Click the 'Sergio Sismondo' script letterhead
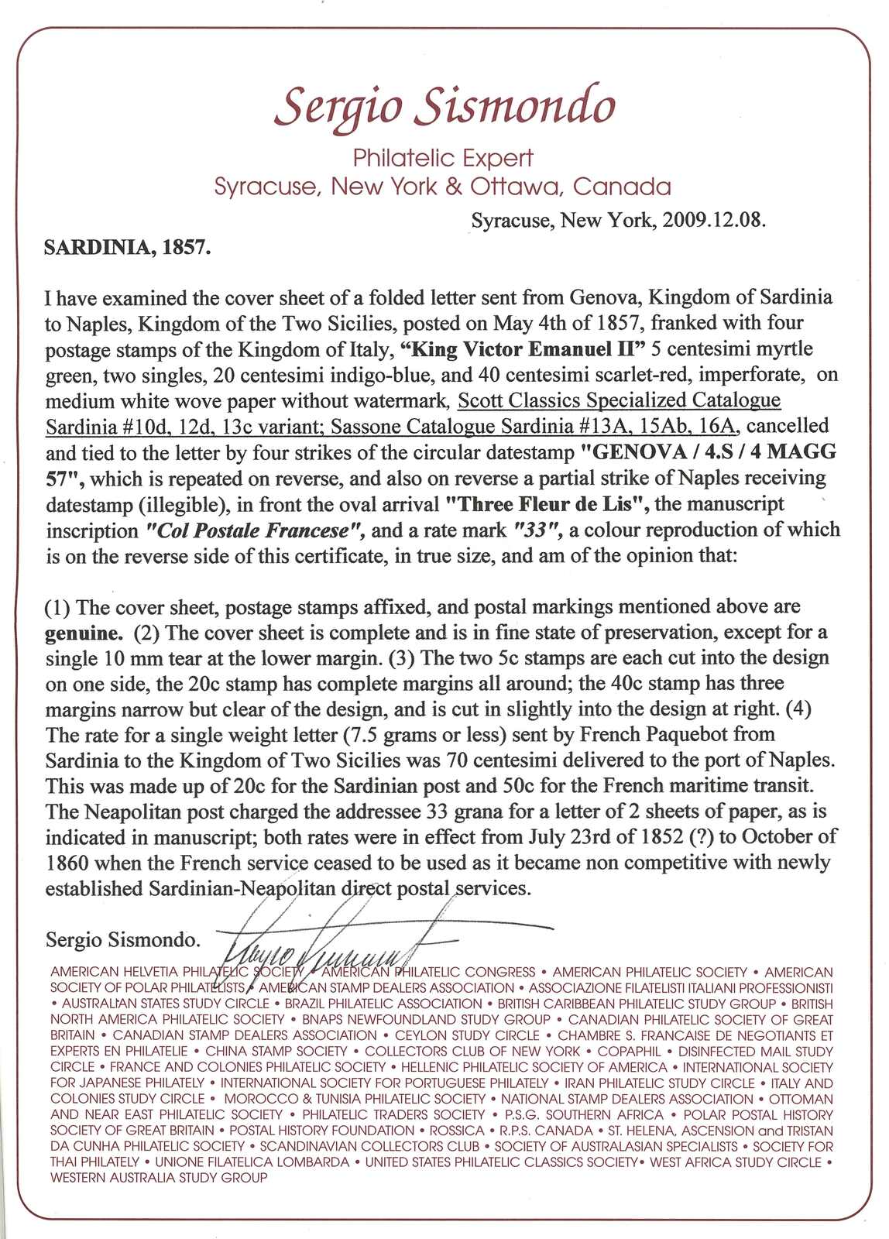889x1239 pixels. [x=444, y=106]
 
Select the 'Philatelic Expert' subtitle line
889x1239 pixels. [x=443, y=158]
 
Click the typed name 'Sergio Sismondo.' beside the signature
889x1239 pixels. [x=122, y=940]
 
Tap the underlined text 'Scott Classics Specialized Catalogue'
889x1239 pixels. [x=619, y=400]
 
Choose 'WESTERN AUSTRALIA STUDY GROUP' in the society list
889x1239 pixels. [x=159, y=1178]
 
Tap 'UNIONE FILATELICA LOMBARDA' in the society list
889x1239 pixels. [x=252, y=1162]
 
